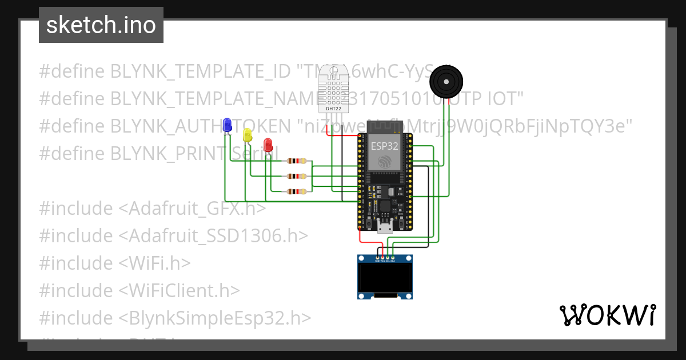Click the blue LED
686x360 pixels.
tap(227, 125)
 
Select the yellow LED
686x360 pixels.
tap(247, 134)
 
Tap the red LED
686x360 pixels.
tap(268, 144)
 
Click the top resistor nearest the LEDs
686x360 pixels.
tap(297, 161)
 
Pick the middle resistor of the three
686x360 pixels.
tap(297, 177)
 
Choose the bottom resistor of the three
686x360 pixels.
tap(297, 191)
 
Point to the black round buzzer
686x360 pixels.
tap(446, 82)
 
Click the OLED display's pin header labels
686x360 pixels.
tap(384, 260)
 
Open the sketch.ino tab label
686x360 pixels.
tap(101, 25)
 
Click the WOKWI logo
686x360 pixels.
tap(607, 315)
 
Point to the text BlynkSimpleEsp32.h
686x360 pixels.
tap(221, 318)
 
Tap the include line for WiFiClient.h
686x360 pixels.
tap(139, 290)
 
